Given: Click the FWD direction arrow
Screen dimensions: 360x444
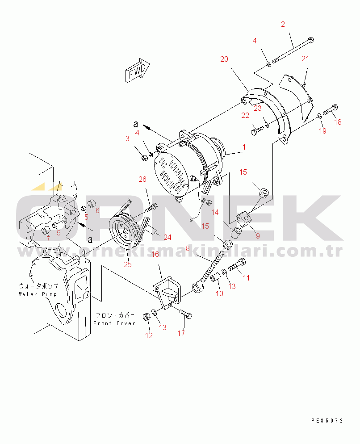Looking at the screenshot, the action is (138, 71).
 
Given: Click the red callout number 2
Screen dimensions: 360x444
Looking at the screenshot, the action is (283, 25).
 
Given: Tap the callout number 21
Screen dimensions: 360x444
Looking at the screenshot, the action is (305, 59).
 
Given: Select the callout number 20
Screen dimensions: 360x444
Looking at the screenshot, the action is (224, 59).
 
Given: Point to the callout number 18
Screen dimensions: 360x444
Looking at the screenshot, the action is (338, 122).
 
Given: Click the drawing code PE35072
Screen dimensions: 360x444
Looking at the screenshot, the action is (327, 421).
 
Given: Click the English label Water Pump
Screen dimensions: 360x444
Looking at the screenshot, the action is (38, 294).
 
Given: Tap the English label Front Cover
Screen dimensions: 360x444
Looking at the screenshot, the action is (114, 323).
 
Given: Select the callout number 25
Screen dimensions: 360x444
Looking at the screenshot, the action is (128, 264).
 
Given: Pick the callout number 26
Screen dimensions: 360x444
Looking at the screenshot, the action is (142, 179).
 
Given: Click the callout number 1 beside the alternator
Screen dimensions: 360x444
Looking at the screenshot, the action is (244, 147).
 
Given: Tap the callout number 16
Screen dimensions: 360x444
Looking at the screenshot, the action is (155, 254).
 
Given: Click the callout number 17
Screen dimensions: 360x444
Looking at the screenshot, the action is (181, 333).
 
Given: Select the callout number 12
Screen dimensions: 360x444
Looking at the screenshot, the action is (149, 335).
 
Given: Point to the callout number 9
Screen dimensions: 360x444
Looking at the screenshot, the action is (257, 236).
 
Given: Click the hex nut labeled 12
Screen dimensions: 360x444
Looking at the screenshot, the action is (146, 317).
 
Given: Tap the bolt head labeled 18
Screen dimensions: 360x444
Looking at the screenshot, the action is (335, 108).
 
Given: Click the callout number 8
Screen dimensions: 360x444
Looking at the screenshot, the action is (188, 249).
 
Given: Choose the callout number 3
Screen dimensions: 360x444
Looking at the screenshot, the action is (127, 139).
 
